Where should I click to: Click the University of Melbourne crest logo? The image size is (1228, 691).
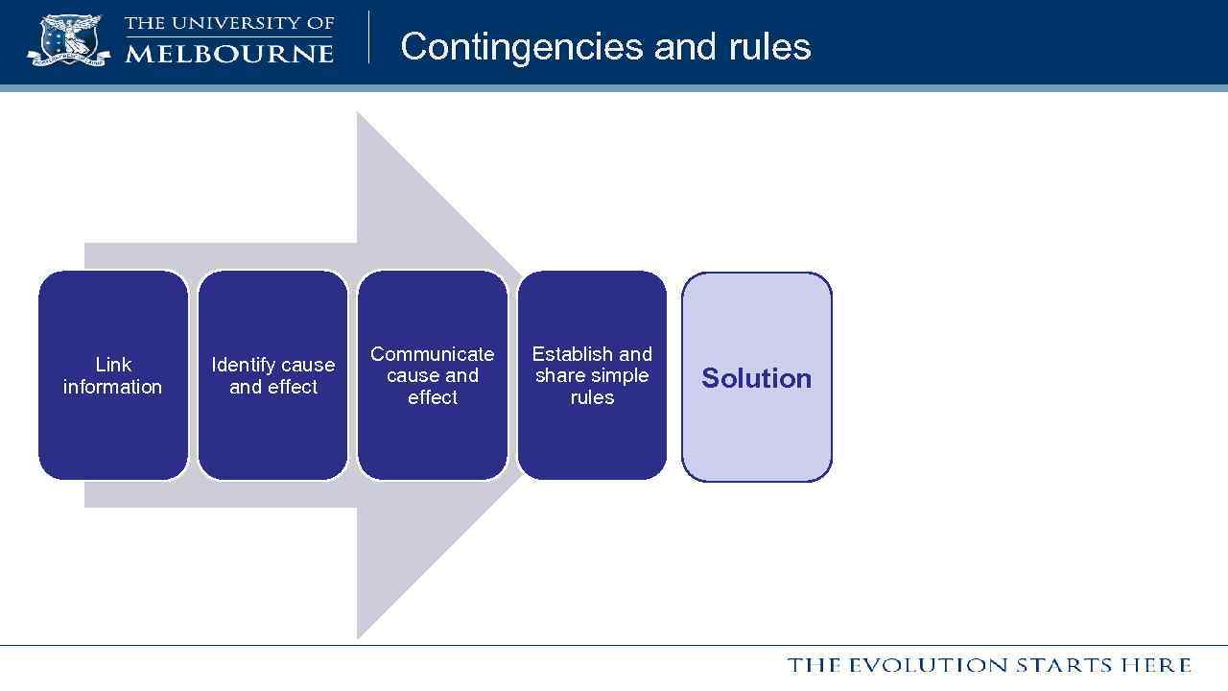point(68,40)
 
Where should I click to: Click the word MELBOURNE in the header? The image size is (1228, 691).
point(229,53)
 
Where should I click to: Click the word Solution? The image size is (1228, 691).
point(756,378)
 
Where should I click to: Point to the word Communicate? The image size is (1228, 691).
point(432,354)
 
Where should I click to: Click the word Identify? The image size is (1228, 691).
point(242,365)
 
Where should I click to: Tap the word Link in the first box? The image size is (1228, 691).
point(113,365)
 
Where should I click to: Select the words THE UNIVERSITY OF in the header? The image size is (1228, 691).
point(229,23)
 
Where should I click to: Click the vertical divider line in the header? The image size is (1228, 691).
point(369,37)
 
